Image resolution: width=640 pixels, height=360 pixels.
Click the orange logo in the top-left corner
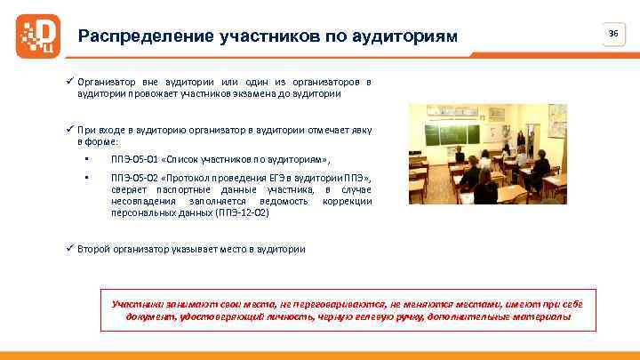click(36, 36)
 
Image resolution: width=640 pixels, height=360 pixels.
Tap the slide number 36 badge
click(612, 33)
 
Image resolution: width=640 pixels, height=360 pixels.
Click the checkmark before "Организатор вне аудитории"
click(70, 82)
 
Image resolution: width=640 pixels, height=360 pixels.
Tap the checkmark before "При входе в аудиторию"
click(70, 130)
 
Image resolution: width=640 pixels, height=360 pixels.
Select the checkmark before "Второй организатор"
click(70, 249)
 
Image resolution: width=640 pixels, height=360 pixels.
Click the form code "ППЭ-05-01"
click(132, 159)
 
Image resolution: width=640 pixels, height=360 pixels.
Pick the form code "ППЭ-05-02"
click(132, 178)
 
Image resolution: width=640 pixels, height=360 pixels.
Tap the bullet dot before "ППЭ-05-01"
click(87, 159)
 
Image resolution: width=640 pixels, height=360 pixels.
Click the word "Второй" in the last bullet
click(93, 249)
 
